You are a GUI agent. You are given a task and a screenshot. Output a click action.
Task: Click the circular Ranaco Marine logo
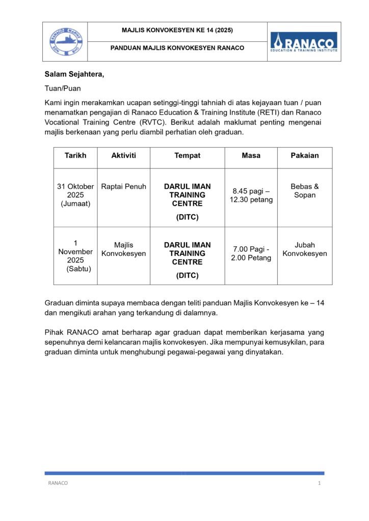pyautogui.click(x=65, y=42)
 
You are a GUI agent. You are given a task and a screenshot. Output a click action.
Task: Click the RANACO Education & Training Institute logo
pyautogui.click(x=304, y=42)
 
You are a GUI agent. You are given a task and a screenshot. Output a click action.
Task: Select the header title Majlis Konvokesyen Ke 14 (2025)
pyautogui.click(x=177, y=31)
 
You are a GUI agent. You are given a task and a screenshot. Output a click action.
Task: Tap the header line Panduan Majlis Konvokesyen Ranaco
pyautogui.click(x=177, y=48)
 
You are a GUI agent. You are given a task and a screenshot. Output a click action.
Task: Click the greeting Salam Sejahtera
pyautogui.click(x=74, y=75)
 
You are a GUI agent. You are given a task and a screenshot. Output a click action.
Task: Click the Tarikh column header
pyautogui.click(x=75, y=156)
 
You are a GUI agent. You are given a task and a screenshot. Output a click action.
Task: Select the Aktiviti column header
pyautogui.click(x=123, y=156)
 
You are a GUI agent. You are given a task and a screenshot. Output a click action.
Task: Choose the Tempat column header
pyautogui.click(x=187, y=156)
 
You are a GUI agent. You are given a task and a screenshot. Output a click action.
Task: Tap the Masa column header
pyautogui.click(x=251, y=156)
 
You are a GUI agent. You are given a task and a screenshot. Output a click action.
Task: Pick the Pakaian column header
pyautogui.click(x=305, y=156)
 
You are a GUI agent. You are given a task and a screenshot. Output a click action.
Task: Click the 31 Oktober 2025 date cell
pyautogui.click(x=75, y=195)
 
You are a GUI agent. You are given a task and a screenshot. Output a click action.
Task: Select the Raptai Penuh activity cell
pyautogui.click(x=123, y=187)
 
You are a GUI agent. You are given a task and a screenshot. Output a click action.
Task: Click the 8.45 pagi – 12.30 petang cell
pyautogui.click(x=251, y=195)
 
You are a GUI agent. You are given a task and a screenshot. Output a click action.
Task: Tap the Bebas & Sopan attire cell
pyautogui.click(x=305, y=191)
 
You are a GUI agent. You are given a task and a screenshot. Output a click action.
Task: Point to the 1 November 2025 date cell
pyautogui.click(x=75, y=256)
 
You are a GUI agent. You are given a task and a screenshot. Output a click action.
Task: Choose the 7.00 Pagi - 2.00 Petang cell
pyautogui.click(x=251, y=253)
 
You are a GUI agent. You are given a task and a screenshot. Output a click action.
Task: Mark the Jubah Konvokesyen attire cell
pyautogui.click(x=305, y=249)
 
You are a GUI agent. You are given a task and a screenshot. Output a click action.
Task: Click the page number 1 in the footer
pyautogui.click(x=319, y=483)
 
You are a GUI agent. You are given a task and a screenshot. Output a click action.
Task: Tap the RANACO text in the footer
pyautogui.click(x=58, y=483)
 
